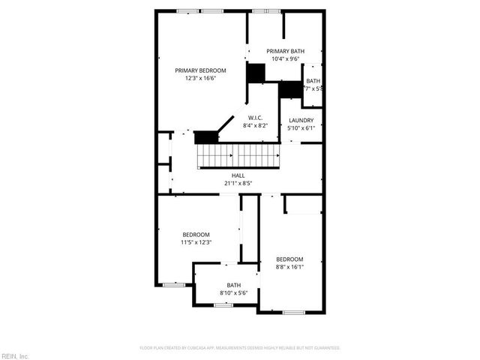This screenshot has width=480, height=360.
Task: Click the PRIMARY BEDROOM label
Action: [200, 70]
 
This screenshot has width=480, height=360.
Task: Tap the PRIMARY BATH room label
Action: [286, 51]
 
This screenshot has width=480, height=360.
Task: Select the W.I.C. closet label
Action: [255, 118]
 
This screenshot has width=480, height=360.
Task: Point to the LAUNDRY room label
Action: [300, 120]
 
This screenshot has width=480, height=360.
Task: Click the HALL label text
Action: [238, 175]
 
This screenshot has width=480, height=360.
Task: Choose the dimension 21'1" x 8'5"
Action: [238, 182]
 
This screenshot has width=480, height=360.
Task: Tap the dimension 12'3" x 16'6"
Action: [200, 78]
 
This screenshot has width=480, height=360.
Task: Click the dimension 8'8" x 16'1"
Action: [289, 266]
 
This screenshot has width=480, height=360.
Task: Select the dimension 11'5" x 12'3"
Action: [196, 242]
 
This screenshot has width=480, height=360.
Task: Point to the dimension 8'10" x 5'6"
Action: [234, 292]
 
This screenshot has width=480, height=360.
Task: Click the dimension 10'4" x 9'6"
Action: [286, 58]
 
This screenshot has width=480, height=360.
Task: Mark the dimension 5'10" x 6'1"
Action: [300, 127]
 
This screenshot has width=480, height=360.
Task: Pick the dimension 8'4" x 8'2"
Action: [255, 125]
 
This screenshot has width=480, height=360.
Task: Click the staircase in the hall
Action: [238, 155]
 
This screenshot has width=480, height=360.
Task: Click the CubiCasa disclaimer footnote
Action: [240, 348]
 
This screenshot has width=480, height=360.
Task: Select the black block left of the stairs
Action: [205, 137]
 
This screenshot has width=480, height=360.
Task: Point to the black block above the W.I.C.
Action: [256, 73]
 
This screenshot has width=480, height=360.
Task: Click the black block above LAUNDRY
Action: [289, 90]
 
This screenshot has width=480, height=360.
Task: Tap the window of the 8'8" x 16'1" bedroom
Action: [293, 311]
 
